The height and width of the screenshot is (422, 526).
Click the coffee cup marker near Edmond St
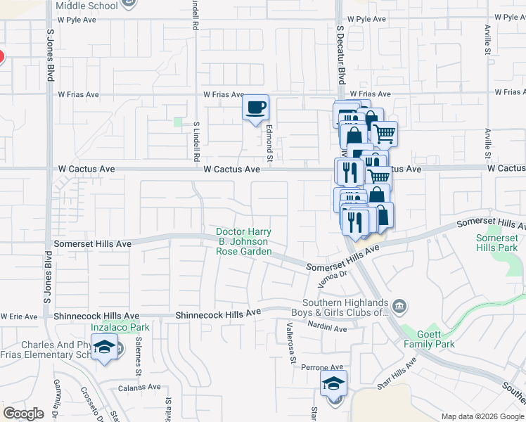pyautogui.click(x=256, y=108)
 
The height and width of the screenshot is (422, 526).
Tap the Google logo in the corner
pyautogui.click(x=23, y=414)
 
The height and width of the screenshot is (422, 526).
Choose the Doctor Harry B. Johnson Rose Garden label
pyautogui.click(x=243, y=241)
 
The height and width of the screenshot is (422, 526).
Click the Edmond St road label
pyautogui.click(x=269, y=139)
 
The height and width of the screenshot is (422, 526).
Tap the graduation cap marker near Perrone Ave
pyautogui.click(x=334, y=384)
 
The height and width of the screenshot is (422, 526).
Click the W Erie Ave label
pyautogui.click(x=19, y=316)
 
